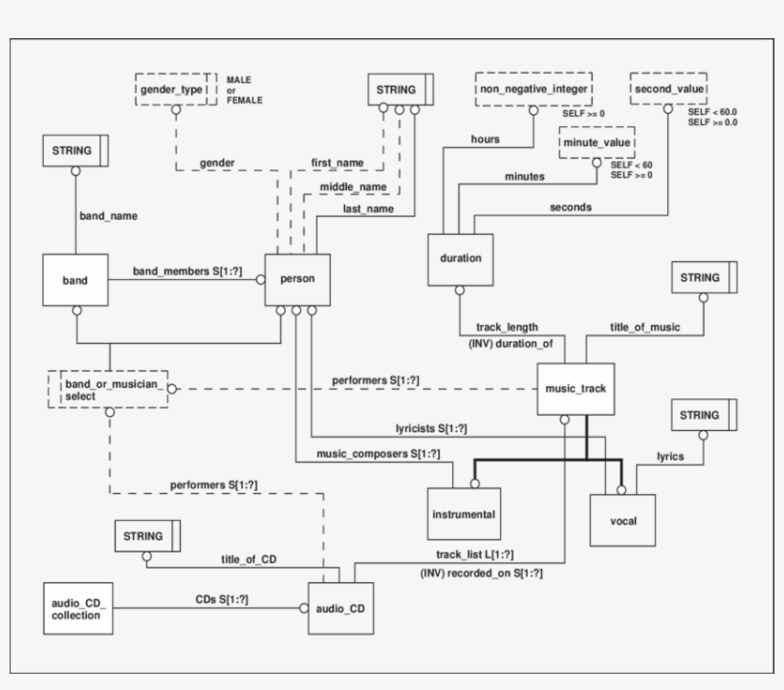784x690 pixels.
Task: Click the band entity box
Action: [x=75, y=281]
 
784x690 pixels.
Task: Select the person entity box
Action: [x=297, y=280]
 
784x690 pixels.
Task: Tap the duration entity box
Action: [x=461, y=259]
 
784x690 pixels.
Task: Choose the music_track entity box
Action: [x=571, y=389]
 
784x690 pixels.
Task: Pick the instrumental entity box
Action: [x=464, y=514]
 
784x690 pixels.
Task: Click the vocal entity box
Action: [x=622, y=521]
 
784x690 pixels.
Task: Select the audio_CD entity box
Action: [x=339, y=608]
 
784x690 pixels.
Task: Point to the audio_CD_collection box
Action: [x=76, y=609]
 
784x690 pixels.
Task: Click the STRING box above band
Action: [x=75, y=151]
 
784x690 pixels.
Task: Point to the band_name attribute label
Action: [x=107, y=216]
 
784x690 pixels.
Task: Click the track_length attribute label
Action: [x=507, y=327]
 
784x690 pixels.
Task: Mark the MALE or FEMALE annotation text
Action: [x=245, y=90]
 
